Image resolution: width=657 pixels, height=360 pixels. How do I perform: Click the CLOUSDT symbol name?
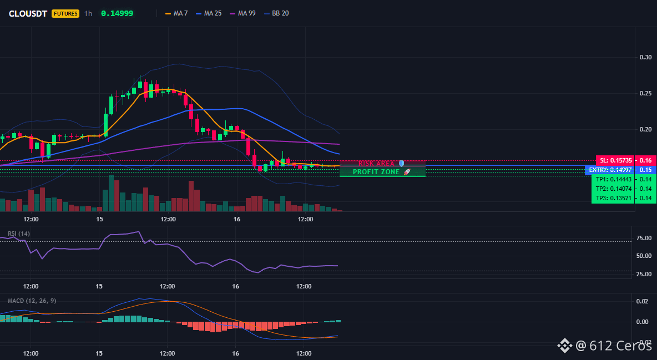click(x=28, y=13)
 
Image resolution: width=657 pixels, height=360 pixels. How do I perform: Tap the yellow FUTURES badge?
click(x=65, y=13)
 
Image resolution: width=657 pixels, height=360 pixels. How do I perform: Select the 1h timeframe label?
click(x=88, y=13)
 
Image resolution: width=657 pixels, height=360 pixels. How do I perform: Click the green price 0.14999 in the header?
click(x=117, y=13)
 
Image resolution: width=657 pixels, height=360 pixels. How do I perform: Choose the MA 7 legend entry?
click(x=176, y=13)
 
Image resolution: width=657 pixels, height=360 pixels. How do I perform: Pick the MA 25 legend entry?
click(x=208, y=13)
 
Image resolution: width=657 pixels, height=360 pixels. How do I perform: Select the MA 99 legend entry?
click(x=242, y=13)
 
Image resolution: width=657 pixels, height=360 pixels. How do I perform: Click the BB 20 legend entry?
click(x=276, y=13)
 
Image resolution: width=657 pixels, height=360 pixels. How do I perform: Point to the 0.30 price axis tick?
click(x=646, y=58)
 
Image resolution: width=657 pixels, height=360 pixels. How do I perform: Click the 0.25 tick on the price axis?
click(x=646, y=93)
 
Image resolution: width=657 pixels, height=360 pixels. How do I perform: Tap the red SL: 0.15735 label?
click(x=615, y=160)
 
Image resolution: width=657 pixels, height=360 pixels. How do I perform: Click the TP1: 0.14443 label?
click(x=613, y=179)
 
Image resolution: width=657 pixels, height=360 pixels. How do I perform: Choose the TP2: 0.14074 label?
click(x=613, y=189)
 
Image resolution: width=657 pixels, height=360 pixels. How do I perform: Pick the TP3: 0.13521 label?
click(x=613, y=198)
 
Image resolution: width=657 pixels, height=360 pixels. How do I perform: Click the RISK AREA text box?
click(x=382, y=164)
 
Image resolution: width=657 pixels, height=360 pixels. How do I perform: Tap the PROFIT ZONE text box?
click(x=382, y=172)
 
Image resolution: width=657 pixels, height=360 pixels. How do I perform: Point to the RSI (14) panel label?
click(x=19, y=234)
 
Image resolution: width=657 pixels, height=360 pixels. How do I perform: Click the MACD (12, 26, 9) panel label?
click(x=32, y=301)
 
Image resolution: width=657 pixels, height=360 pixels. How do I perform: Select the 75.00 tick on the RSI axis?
click(x=644, y=238)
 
